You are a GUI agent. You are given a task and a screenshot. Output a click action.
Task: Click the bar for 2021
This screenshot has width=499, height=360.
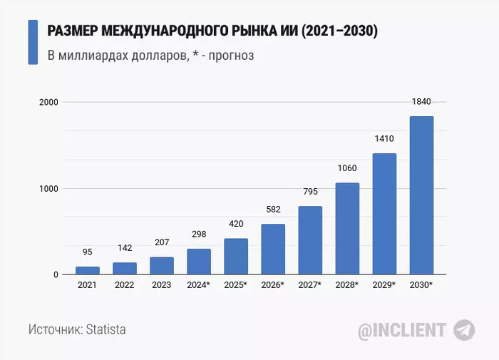coord(88,271)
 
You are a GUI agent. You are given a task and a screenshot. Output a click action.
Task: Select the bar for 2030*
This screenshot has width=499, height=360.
coord(421,195)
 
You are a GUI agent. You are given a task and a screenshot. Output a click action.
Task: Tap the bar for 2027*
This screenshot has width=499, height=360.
coord(310,240)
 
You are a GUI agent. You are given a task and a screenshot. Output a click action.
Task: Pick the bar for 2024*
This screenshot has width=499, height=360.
coord(199,262)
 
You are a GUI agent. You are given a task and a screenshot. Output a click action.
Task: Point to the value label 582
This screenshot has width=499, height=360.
coord(273,210)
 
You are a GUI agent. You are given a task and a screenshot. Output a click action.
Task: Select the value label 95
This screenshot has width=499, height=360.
coord(88,252)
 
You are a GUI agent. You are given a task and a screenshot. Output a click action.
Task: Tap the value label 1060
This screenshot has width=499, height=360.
coord(347,168)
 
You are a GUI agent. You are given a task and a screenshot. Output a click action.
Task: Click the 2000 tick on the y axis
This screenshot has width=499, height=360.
coord(49,103)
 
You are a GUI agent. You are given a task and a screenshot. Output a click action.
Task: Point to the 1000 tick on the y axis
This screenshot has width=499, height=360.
coord(49,189)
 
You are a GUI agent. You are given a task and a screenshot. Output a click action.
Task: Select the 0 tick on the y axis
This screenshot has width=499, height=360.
coord(55,275)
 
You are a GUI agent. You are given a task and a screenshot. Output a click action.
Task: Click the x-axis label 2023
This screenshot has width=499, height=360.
coord(162,286)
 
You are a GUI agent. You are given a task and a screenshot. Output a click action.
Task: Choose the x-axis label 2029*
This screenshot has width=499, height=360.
coord(384,286)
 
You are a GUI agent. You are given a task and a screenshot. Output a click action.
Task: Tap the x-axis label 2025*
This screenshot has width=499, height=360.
coord(236,286)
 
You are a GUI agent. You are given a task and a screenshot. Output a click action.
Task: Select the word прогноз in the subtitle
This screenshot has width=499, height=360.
coord(230,55)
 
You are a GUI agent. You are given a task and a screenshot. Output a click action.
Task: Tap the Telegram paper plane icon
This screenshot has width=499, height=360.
coord(464,330)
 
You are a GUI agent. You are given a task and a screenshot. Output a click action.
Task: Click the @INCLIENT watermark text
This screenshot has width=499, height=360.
coord(401,330)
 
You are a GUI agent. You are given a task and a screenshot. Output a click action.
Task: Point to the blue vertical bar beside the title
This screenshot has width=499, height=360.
coord(33,43)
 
